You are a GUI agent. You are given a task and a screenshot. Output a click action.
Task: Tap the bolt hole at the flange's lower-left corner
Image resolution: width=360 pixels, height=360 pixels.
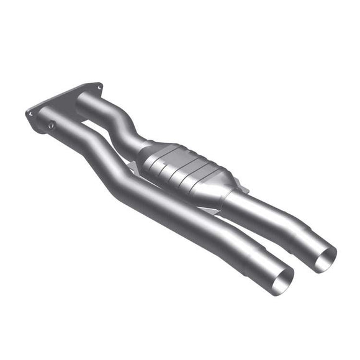[30, 114]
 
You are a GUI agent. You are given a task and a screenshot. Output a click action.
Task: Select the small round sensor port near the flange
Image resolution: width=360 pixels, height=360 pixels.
[51, 125]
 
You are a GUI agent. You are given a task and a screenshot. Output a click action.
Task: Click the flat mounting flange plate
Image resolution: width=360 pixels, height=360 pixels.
[62, 102]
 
